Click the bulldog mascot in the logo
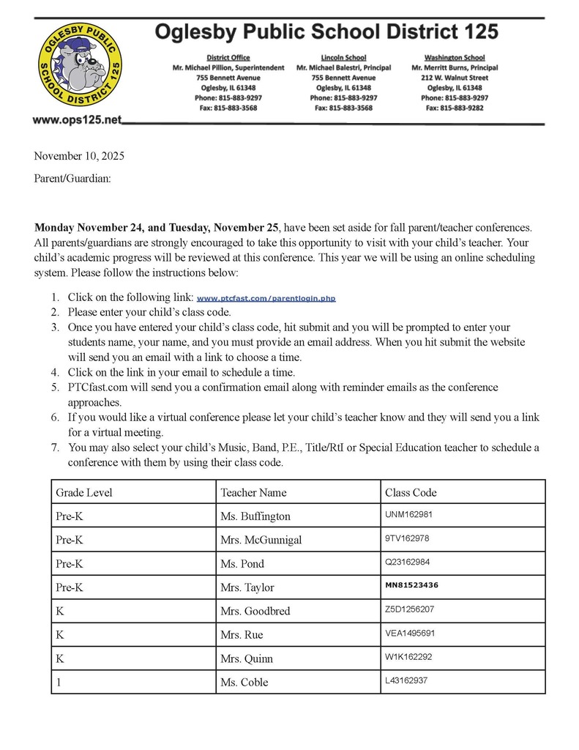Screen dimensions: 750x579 point(81,67)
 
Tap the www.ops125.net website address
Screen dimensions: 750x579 point(77,119)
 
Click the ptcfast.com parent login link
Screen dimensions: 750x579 point(266,299)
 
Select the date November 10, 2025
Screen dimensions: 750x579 point(79,156)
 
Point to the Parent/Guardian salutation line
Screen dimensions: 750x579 point(72,178)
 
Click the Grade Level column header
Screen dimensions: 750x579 point(84,492)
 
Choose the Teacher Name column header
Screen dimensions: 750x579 point(253,492)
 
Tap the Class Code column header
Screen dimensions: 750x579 point(411,492)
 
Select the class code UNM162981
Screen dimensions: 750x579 point(408,515)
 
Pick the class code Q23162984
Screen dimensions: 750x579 point(408,562)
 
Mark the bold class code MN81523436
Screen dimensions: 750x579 point(411,586)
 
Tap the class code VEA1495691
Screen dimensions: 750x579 point(410,634)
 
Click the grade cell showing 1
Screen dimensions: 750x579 point(59,682)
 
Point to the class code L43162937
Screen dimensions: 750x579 point(406,681)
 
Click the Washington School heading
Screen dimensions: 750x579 point(454,57)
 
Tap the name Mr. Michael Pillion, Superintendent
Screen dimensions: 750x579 point(228,67)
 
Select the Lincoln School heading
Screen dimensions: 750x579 point(343,57)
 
